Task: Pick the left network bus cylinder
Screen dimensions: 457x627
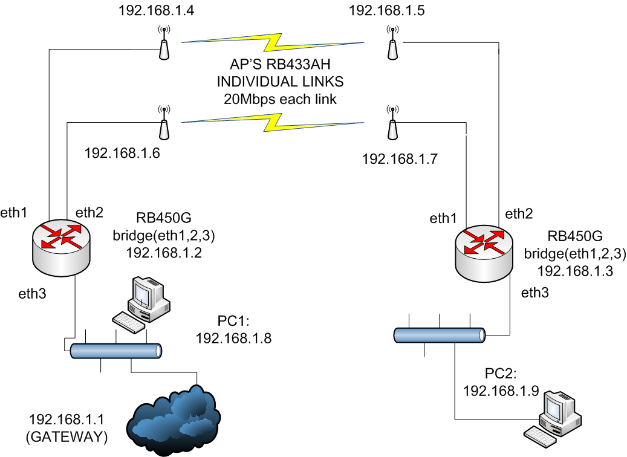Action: (115, 351)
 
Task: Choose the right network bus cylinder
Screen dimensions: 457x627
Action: (440, 334)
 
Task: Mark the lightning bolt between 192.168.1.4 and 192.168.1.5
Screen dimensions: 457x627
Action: (275, 41)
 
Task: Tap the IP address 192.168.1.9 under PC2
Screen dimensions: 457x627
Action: (501, 391)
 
